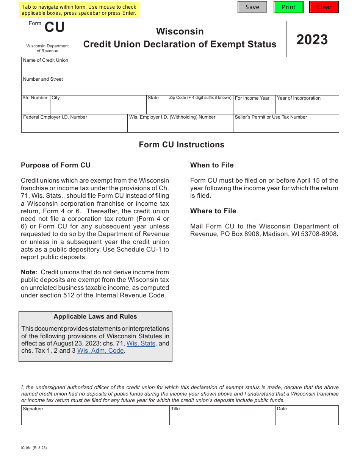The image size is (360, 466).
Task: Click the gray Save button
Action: pos(252,7)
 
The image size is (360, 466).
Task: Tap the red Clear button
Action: pos(324,7)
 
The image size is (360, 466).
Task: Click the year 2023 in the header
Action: pos(312,40)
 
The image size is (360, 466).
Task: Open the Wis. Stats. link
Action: pos(141,343)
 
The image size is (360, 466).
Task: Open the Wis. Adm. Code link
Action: pos(100,351)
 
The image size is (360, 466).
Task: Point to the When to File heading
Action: pos(212,165)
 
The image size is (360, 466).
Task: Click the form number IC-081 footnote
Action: pos(34,447)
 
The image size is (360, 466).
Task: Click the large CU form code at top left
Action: pos(55,28)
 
